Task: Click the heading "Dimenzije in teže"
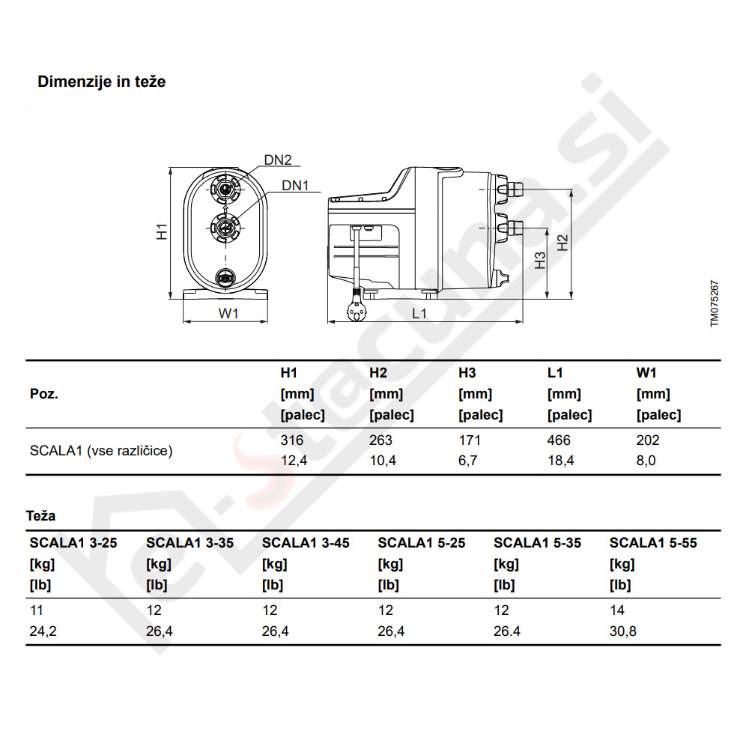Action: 102,82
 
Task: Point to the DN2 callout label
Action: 277,160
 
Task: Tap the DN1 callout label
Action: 295,185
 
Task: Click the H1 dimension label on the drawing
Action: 162,231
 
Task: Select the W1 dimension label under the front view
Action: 228,314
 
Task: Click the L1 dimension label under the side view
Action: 419,314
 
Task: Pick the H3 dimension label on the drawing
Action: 539,260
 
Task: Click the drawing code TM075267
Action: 715,303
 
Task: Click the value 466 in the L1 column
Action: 559,440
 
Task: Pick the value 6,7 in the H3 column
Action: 467,461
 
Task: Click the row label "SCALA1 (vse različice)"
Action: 101,451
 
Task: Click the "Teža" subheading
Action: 40,516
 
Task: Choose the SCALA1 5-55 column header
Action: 652,543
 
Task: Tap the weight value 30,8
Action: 622,631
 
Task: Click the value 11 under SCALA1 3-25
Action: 36,611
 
